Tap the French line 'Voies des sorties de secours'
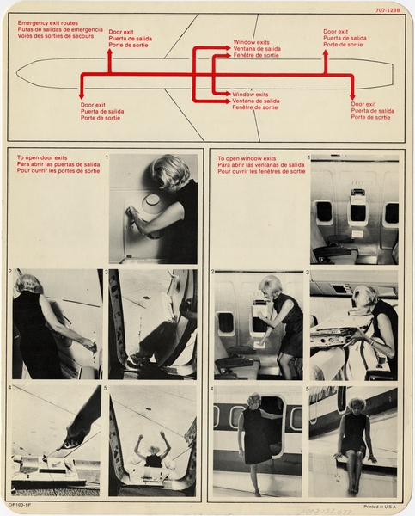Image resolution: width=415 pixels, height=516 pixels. click(54, 36)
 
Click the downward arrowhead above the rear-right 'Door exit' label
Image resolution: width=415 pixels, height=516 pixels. click(352, 95)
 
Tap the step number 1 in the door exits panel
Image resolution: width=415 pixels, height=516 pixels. click(106, 157)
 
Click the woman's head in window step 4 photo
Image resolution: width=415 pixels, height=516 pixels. click(255, 400)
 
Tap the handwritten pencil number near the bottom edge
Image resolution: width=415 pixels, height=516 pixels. click(319, 509)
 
